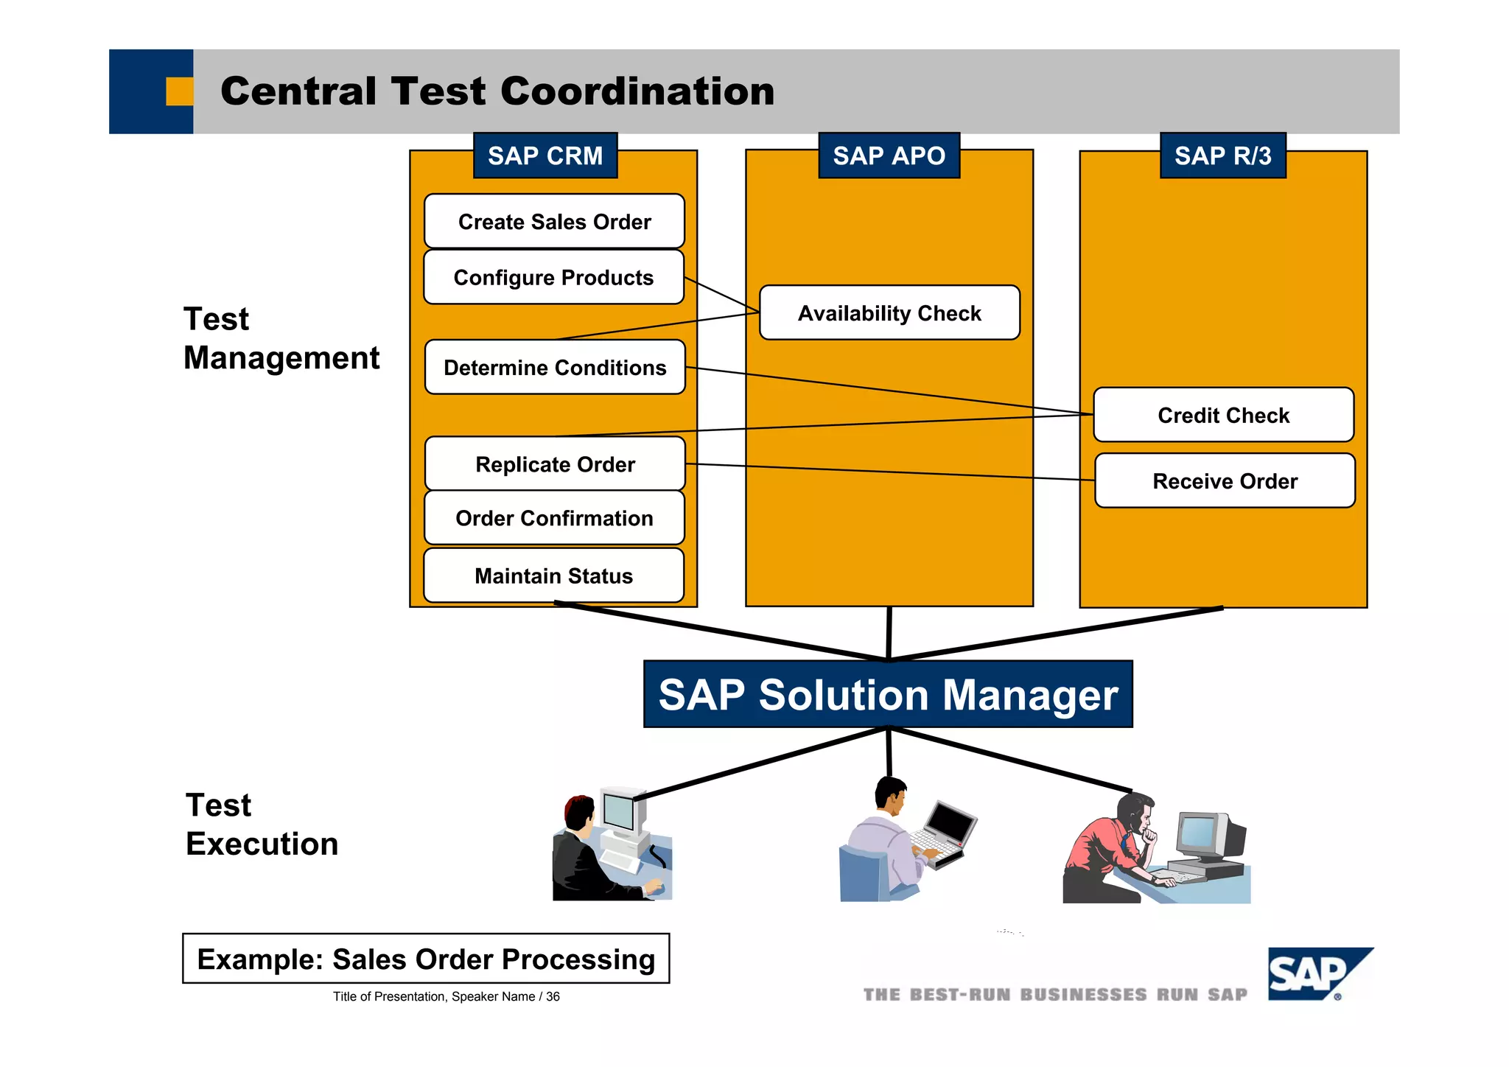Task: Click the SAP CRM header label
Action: (x=545, y=155)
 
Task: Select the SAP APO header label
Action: (x=889, y=155)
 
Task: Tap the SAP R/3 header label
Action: (x=1222, y=155)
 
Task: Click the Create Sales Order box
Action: (x=554, y=221)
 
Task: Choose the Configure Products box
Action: (x=553, y=277)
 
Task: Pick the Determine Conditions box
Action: (x=555, y=367)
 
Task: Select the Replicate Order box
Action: (x=555, y=464)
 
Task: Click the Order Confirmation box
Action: (x=554, y=518)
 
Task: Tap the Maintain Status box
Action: (x=553, y=576)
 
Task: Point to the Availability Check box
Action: (x=889, y=313)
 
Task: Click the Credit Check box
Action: (x=1223, y=415)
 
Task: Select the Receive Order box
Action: (x=1225, y=480)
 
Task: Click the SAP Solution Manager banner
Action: (x=888, y=694)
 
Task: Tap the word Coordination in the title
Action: (x=637, y=91)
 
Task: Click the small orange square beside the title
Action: (x=179, y=91)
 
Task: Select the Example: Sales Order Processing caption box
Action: (x=426, y=959)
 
